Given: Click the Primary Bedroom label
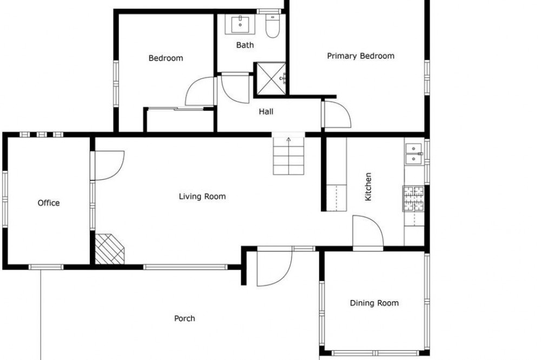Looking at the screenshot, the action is coord(360,56).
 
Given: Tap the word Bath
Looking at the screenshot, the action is coord(245,45).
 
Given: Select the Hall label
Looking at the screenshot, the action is coord(266,111).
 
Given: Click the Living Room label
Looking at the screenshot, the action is coord(202,197).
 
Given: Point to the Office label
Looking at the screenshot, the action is coord(49,203).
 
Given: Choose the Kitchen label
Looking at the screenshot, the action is coord(368,186).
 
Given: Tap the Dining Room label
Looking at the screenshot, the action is coord(374,303).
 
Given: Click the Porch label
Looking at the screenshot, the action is coord(184,318).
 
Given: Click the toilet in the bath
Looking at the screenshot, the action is coord(273,26).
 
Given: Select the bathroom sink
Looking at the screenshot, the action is coord(240,24).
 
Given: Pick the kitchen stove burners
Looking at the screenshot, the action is coord(413,198).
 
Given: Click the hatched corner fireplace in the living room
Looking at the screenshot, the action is coord(109,249).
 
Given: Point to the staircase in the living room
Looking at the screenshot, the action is coord(289,156).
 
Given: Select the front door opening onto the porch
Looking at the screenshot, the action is coord(275,267).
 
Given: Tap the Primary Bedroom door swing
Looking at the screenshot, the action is coord(337,114).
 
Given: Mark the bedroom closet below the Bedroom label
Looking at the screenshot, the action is coord(180,120).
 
